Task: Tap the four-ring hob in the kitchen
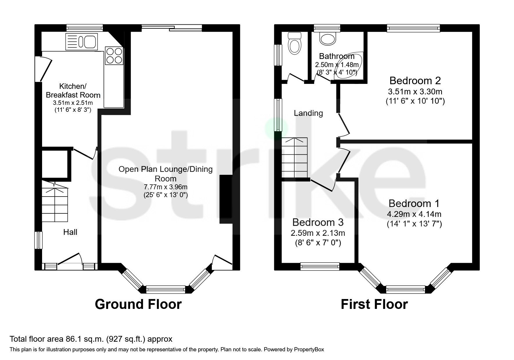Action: [x=114, y=55]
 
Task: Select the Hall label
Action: [x=70, y=232]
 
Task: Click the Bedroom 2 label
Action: [x=415, y=80]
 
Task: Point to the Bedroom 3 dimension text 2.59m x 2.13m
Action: [x=318, y=233]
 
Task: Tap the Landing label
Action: [x=308, y=113]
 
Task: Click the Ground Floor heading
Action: [x=138, y=304]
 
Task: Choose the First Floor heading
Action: [x=374, y=304]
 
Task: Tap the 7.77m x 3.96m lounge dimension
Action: [x=165, y=187]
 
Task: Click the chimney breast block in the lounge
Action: [x=226, y=199]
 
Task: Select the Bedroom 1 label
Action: [x=414, y=203]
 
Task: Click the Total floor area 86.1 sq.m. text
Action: [x=91, y=339]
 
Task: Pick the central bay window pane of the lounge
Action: [x=166, y=289]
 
